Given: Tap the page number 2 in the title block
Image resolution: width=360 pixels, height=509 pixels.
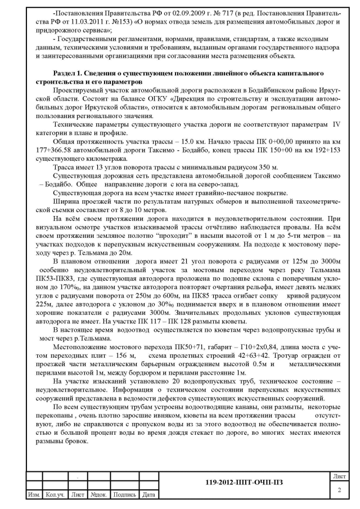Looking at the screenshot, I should coord(339,491).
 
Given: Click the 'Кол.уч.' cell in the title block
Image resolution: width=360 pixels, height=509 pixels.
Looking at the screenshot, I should coord(55,494).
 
